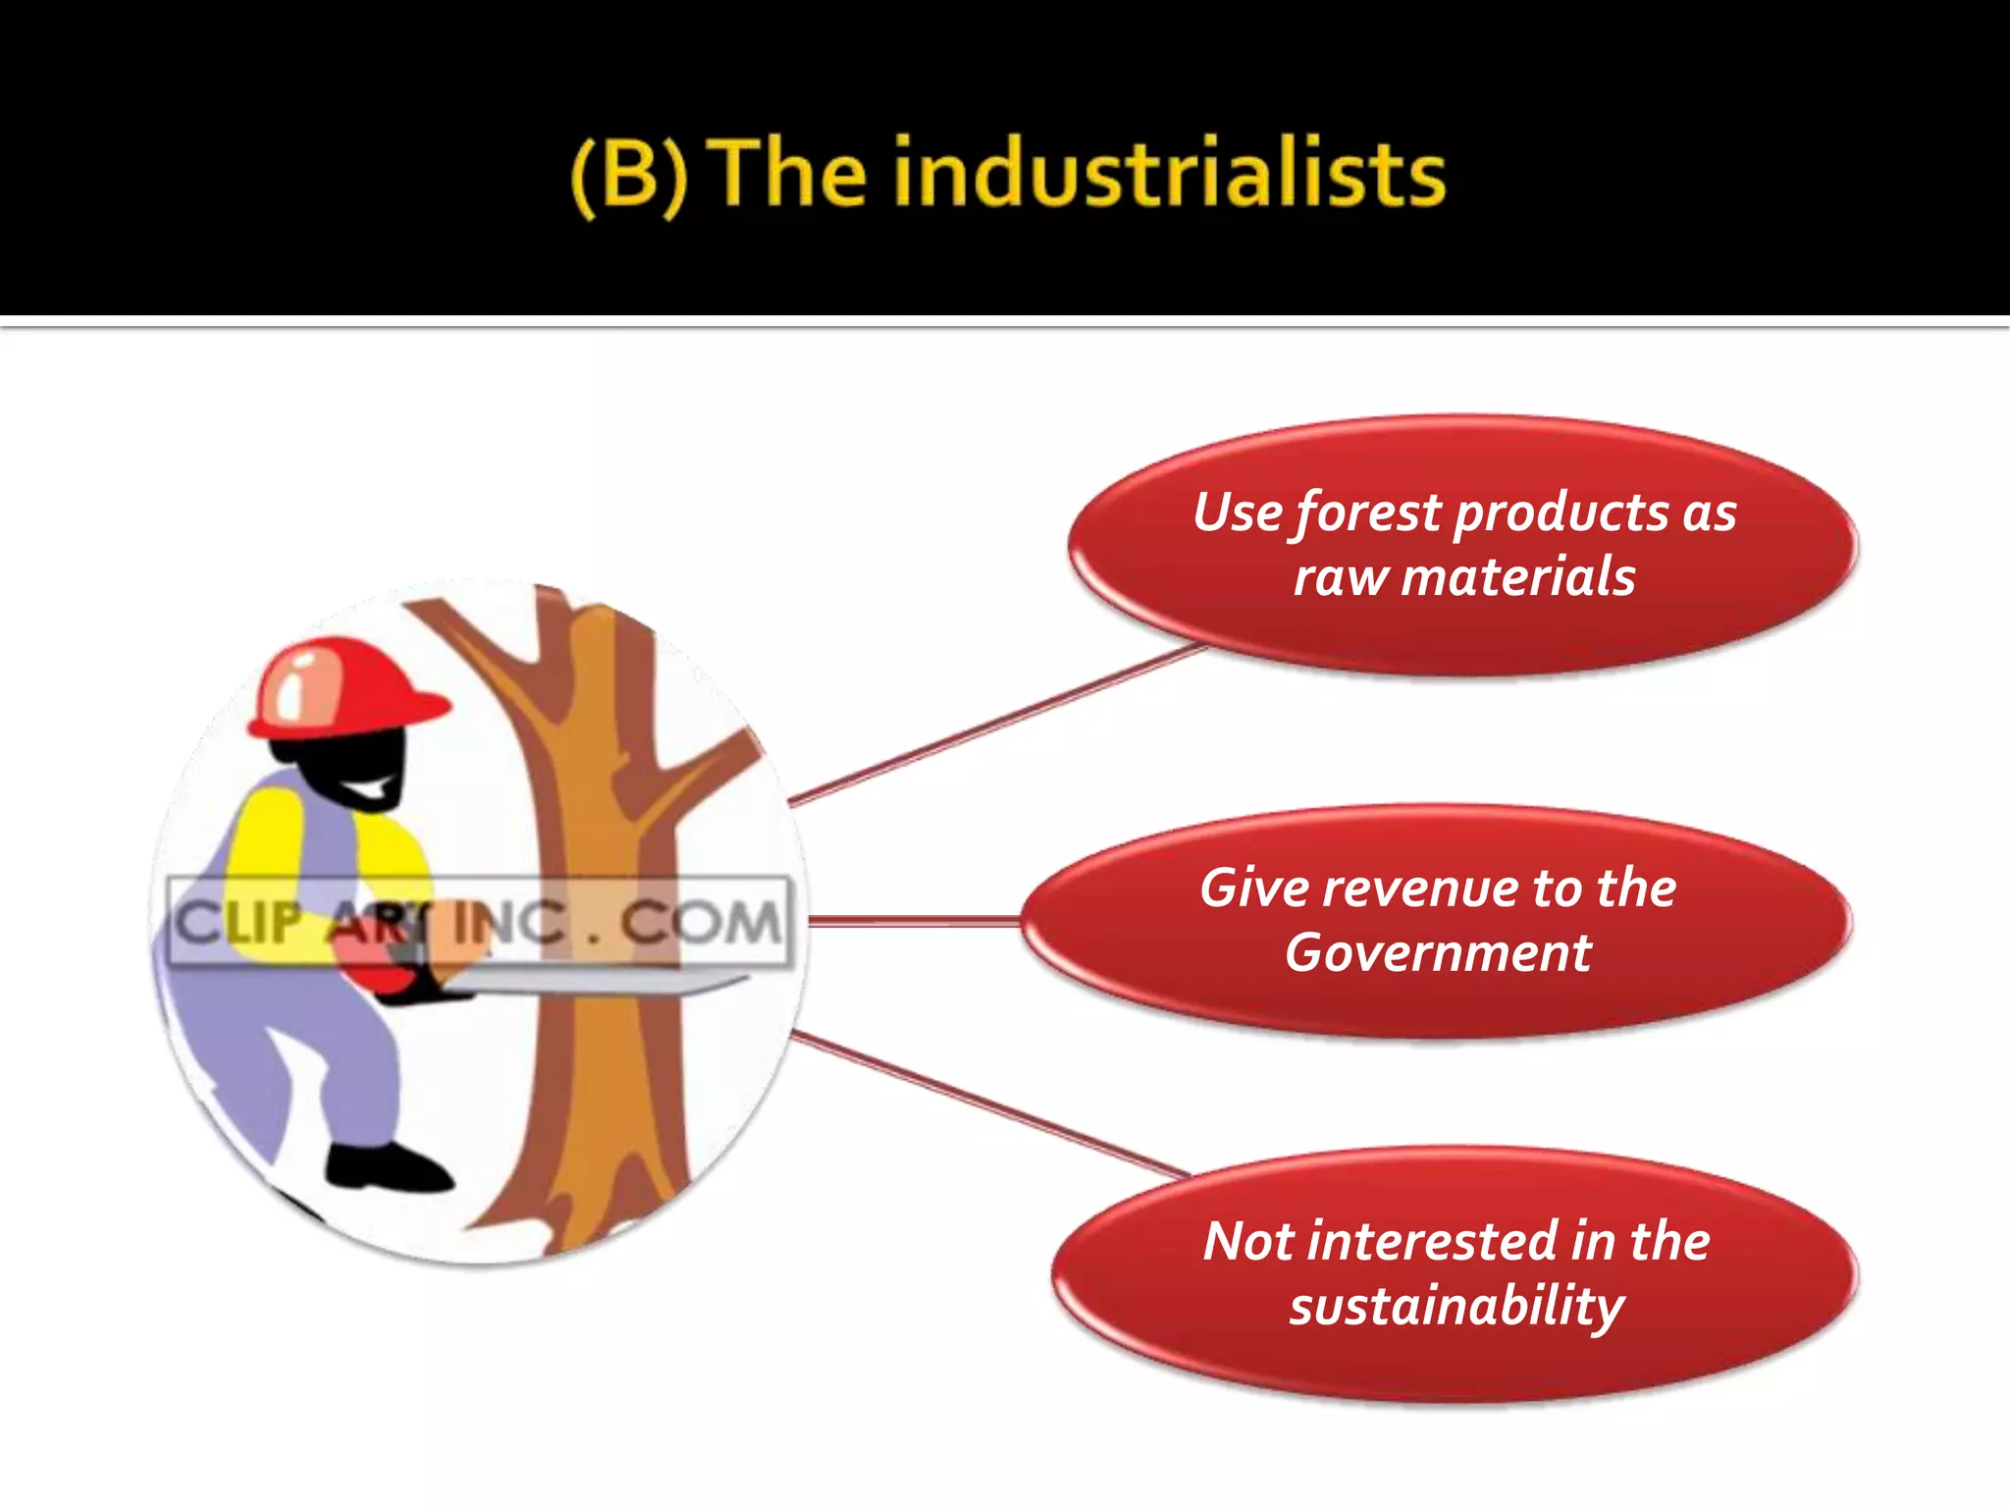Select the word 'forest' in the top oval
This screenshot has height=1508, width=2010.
(x=1368, y=513)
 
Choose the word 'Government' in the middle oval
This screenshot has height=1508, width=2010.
(x=1438, y=952)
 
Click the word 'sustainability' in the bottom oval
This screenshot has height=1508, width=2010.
(x=1456, y=1307)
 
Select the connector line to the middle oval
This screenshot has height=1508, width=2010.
(x=913, y=921)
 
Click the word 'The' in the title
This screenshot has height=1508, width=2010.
(x=791, y=175)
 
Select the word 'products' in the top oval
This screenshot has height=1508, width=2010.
(x=1560, y=513)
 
